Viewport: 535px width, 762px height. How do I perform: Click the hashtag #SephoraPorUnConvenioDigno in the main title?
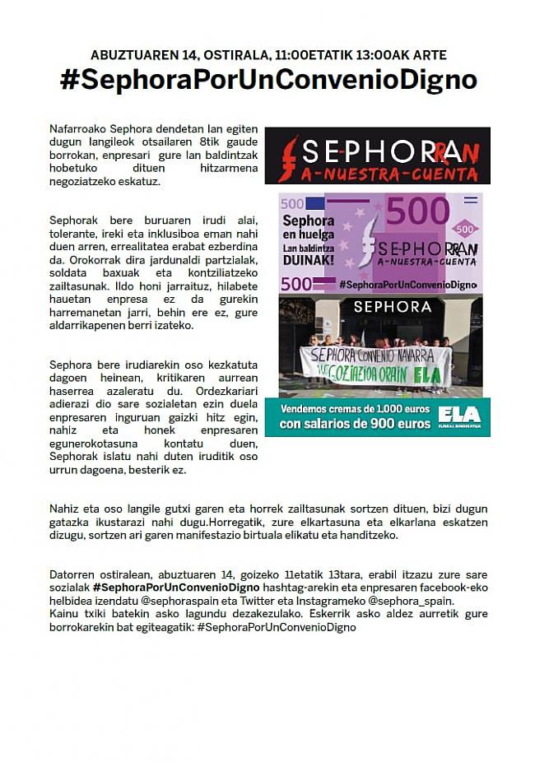(x=268, y=80)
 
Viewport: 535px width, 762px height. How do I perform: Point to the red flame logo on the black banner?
(x=288, y=157)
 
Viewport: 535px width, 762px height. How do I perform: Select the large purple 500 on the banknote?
(x=417, y=212)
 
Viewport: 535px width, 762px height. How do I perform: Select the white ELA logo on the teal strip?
(x=459, y=414)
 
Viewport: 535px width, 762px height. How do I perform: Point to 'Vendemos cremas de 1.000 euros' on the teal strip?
(x=354, y=409)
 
